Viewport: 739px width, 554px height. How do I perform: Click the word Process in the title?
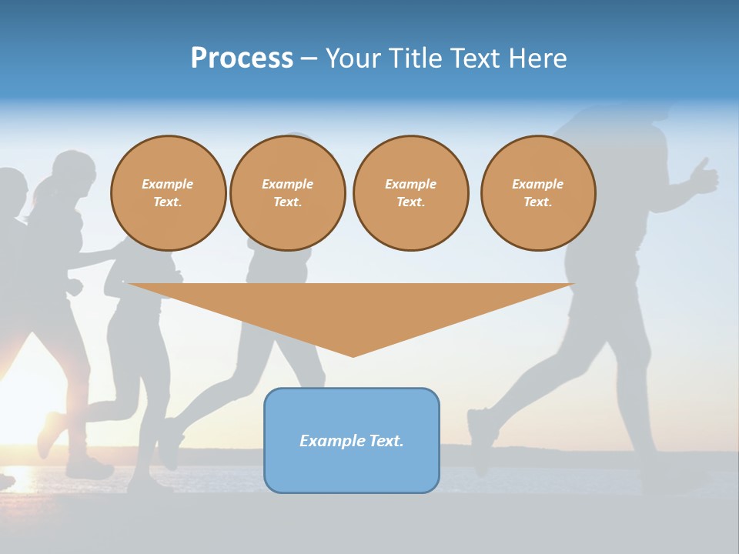242,58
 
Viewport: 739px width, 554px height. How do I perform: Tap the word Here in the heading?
537,58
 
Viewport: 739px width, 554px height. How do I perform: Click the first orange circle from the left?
168,193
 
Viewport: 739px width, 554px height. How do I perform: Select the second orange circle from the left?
287,193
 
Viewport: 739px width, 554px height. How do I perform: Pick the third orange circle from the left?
410,193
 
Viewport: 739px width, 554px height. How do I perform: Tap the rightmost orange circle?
538,193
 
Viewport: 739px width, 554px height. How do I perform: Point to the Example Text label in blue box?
352,441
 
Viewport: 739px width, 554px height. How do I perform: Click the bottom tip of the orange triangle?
353,355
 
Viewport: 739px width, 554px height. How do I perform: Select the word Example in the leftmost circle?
168,184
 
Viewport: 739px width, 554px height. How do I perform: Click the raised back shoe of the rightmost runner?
479,439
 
